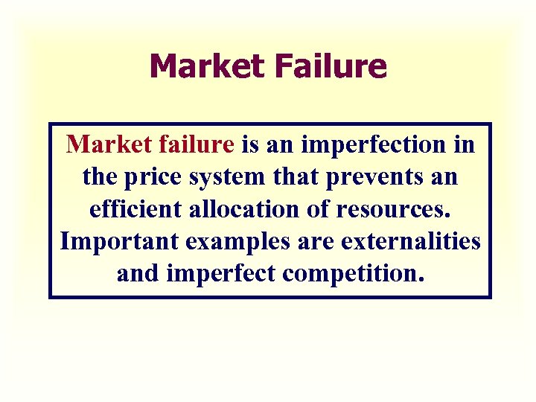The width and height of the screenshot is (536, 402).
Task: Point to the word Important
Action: point(118,242)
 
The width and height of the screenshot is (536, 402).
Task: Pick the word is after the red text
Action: point(249,144)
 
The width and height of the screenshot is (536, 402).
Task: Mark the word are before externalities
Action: point(317,242)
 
